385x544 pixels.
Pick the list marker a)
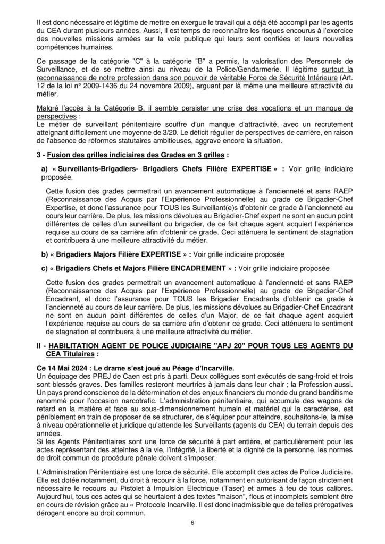click(44, 168)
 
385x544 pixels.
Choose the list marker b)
click(44, 254)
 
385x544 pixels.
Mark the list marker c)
click(44, 268)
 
